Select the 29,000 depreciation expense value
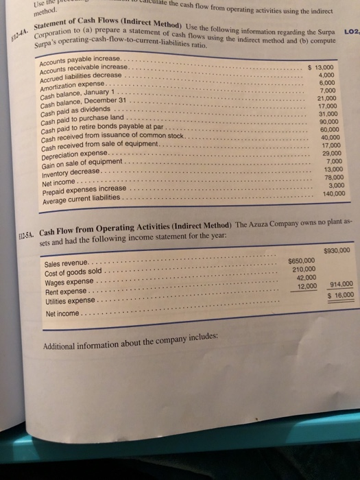329,152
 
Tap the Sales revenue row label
66,265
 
